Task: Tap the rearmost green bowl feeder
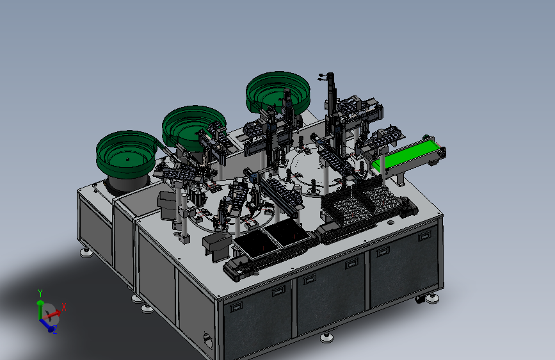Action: (x=278, y=92)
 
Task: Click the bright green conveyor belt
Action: (x=407, y=155)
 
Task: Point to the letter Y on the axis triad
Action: (x=40, y=293)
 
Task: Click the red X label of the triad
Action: (x=64, y=307)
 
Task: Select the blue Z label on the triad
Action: (x=55, y=331)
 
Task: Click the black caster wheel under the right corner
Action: (x=420, y=300)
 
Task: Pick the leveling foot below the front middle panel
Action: (x=326, y=338)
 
